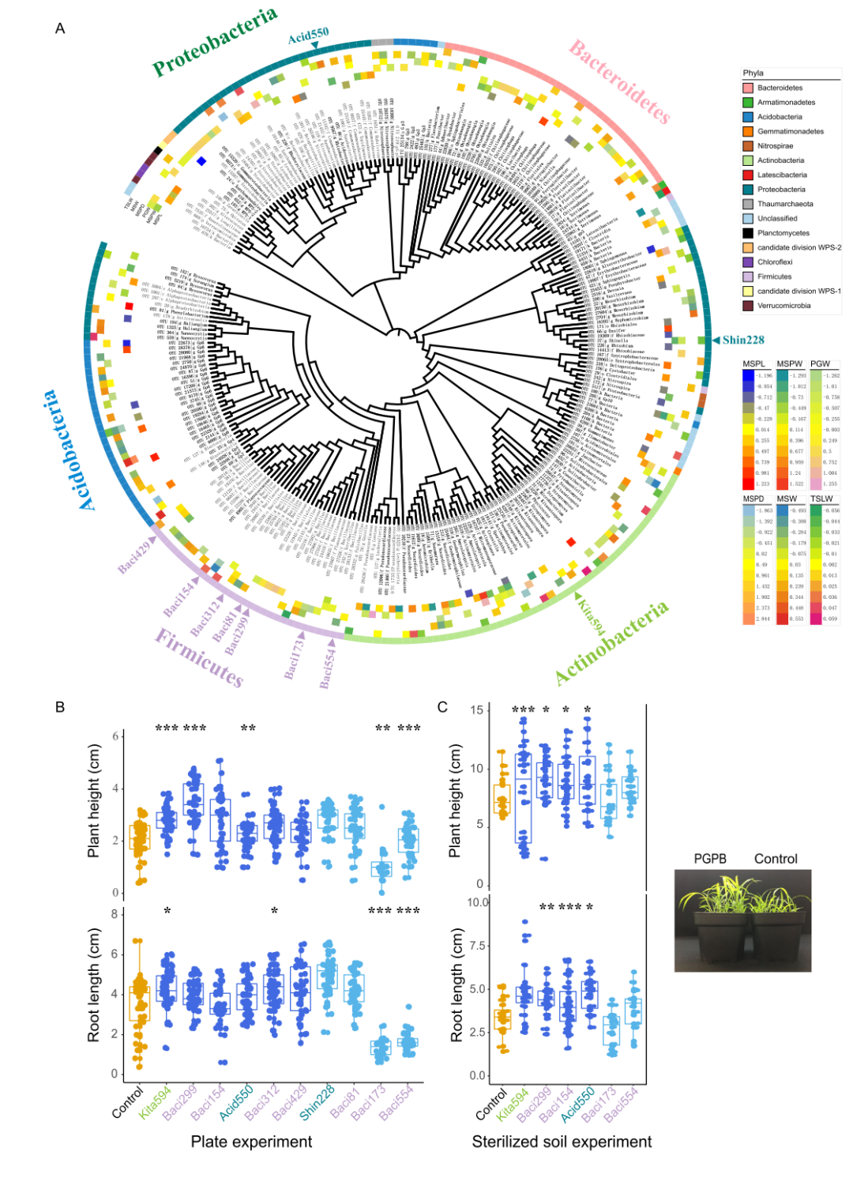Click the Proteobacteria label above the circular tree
tap(214, 41)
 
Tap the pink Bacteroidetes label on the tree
tap(619, 81)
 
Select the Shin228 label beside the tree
tap(743, 340)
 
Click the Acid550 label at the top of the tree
tap(308, 36)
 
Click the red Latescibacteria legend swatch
tap(748, 175)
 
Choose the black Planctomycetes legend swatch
tap(748, 233)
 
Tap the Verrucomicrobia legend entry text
tap(783, 306)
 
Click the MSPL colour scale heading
tap(753, 364)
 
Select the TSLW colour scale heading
tap(821, 499)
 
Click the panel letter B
tap(60, 707)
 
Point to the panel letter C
tap(442, 707)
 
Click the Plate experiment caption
tap(251, 1142)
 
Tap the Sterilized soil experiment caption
tap(562, 1142)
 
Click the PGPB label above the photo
tap(710, 859)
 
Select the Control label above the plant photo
tap(776, 859)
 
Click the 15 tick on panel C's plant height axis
tap(476, 710)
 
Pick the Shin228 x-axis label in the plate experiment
tap(317, 1103)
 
